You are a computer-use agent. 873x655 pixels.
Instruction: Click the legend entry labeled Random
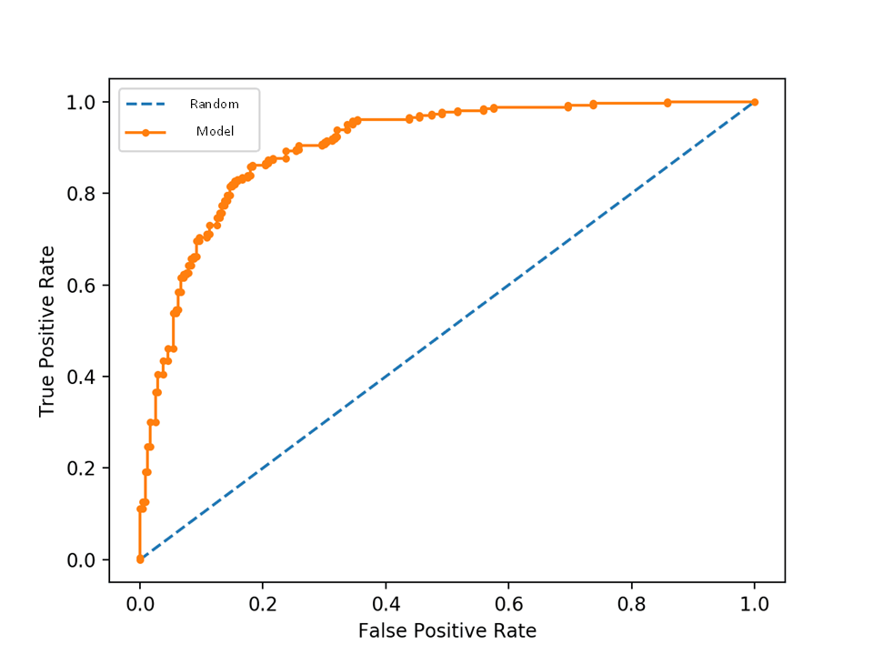click(214, 105)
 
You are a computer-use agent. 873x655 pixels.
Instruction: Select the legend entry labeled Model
click(216, 132)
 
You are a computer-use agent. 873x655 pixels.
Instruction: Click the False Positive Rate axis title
click(447, 630)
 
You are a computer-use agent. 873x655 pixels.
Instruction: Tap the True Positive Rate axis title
click(47, 331)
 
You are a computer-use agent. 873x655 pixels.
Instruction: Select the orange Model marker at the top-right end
click(755, 102)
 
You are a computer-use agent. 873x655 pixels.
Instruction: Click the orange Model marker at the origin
click(140, 559)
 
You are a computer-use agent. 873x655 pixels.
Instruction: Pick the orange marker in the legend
click(145, 132)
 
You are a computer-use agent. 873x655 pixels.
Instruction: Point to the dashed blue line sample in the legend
click(145, 105)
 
